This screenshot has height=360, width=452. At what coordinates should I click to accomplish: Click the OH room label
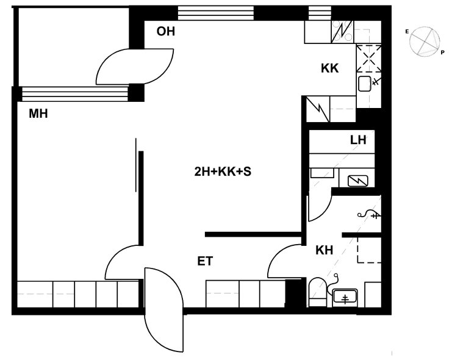coord(165,31)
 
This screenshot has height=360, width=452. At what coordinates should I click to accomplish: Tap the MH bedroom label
coord(38,113)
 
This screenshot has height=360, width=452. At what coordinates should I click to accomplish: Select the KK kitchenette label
coord(330,68)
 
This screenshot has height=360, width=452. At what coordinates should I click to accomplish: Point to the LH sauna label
coord(358,140)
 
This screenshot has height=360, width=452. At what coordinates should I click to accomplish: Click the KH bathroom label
coord(325,250)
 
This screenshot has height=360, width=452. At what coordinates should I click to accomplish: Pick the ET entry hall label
coord(205,261)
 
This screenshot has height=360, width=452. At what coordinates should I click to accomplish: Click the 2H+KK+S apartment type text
coord(223,171)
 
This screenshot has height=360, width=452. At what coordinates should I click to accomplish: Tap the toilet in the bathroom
coord(317,292)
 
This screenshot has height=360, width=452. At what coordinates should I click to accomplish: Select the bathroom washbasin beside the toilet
coord(345,297)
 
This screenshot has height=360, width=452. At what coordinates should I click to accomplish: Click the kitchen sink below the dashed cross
coord(365,84)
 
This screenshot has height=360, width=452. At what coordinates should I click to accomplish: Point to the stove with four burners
coord(342,32)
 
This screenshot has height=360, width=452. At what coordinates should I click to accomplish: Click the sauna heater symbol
coord(357,181)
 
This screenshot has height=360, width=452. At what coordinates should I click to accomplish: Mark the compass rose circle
coord(425,41)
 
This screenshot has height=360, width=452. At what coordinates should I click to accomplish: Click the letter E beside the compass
coord(407,32)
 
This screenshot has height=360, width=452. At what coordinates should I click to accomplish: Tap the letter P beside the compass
coord(442,52)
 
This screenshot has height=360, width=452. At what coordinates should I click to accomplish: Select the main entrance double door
coord(163,310)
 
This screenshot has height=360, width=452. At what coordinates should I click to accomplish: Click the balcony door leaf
coord(135,67)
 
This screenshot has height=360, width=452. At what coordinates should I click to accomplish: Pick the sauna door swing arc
coord(320,208)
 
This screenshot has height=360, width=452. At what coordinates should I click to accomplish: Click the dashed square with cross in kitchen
coord(369,59)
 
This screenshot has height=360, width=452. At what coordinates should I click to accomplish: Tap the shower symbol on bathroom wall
coord(369,214)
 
